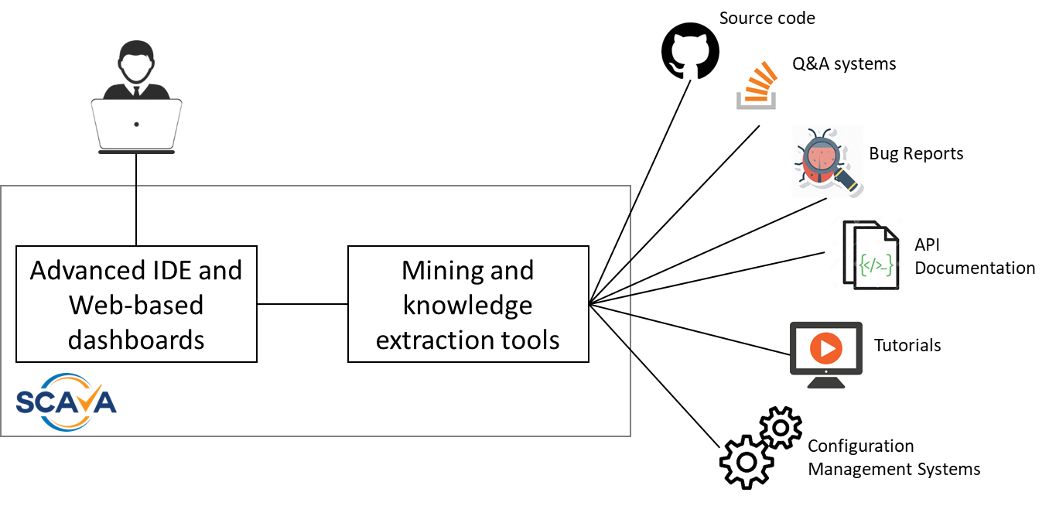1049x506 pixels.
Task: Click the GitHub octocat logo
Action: coord(690,50)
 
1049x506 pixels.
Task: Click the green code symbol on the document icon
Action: coord(876,266)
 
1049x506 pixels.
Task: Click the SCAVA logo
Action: coord(67,401)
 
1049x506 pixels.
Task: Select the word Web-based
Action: coord(136,305)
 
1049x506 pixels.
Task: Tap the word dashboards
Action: coord(136,339)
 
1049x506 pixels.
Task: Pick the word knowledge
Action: coord(468,305)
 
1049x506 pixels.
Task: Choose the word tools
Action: coord(530,339)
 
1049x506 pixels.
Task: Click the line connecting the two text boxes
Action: coord(302,304)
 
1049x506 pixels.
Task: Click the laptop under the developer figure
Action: coord(136,124)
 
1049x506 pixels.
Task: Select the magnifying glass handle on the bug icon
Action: coord(846,182)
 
